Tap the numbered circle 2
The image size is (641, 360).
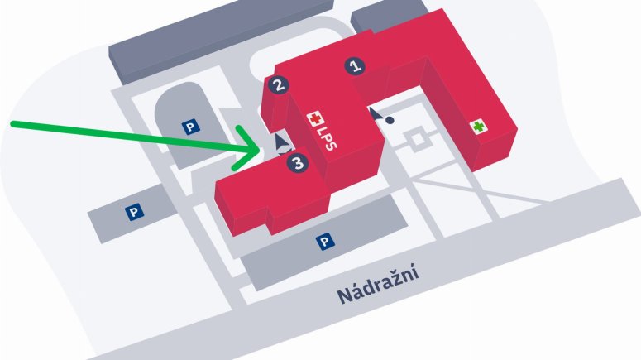279,84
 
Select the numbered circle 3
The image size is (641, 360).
299,163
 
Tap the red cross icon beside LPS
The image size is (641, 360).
313,119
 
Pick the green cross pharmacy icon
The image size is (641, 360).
477,127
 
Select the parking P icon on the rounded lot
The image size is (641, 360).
190,127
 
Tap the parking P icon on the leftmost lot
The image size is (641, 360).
132,212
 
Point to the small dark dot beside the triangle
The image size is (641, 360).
390,120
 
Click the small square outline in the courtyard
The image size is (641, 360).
420,141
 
